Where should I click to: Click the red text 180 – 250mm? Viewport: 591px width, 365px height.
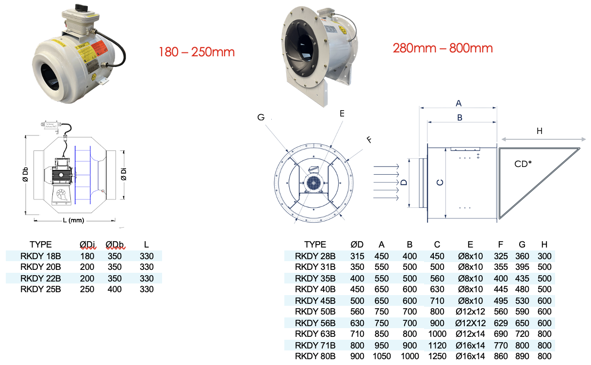[x=197, y=52]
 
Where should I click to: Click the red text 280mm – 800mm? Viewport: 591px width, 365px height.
[x=443, y=48]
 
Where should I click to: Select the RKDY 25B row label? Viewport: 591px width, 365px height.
[x=40, y=289]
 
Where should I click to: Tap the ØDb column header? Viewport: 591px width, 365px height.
[x=115, y=244]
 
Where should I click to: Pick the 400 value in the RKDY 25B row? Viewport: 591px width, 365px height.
[x=115, y=289]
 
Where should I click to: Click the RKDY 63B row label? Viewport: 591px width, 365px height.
[x=315, y=334]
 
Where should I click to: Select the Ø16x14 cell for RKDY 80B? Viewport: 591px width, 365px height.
[x=470, y=356]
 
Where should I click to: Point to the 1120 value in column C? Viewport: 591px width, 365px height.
[x=437, y=345]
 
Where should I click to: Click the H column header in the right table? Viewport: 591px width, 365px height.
[x=544, y=244]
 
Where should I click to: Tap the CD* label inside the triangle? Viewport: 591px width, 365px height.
[x=523, y=164]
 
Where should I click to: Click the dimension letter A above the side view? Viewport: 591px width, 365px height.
[x=458, y=103]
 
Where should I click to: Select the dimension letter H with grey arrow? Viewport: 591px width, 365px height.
[x=539, y=131]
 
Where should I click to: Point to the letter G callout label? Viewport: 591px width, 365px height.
[x=261, y=117]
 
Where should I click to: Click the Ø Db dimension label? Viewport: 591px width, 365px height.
[x=25, y=174]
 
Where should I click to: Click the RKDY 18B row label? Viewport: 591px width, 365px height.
[x=40, y=256]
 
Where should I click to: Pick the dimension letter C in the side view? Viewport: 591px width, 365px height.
[x=439, y=182]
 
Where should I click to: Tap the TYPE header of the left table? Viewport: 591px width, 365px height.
[x=40, y=244]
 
